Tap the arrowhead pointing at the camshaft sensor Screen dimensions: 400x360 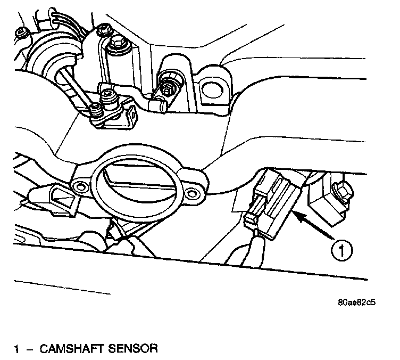(x=298, y=215)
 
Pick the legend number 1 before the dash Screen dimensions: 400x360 (x=18, y=349)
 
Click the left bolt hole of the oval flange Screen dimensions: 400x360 (x=80, y=186)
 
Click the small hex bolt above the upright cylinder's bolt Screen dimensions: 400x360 (x=102, y=28)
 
